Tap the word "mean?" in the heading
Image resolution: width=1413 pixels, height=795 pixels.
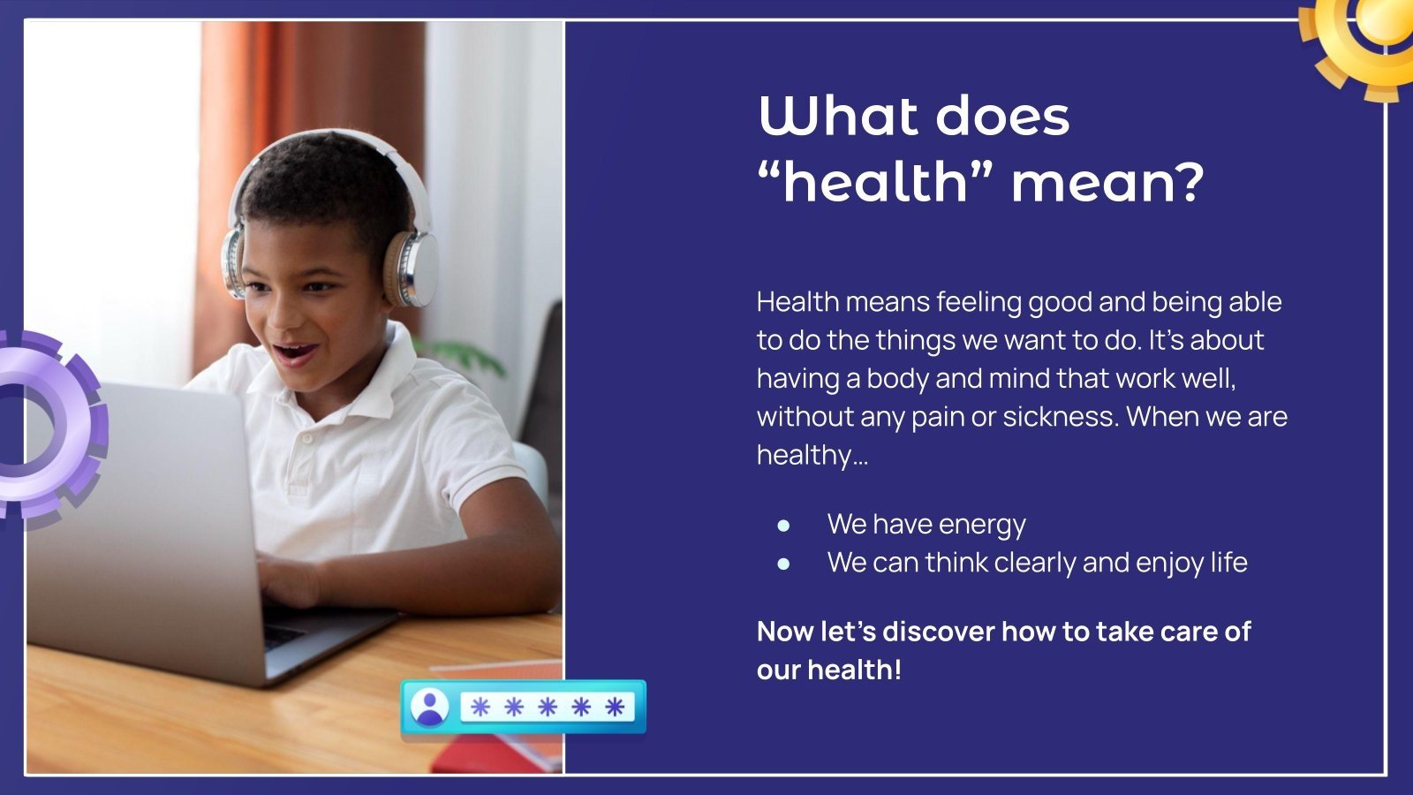[x=1107, y=182]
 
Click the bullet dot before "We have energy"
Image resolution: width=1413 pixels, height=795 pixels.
[x=783, y=525]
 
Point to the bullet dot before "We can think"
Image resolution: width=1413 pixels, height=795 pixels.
[x=783, y=564]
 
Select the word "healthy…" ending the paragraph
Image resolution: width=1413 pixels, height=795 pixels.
[x=812, y=456]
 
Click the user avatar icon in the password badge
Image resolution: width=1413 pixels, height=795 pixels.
[x=429, y=707]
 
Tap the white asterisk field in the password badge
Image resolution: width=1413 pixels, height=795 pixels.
[x=547, y=707]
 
